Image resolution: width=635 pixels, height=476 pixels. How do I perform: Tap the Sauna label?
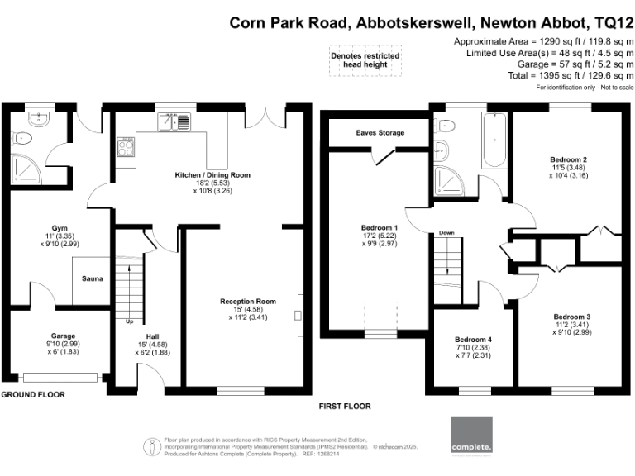[92, 278]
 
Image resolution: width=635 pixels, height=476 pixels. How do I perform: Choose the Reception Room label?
[248, 302]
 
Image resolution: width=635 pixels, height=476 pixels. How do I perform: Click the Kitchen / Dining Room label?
[212, 175]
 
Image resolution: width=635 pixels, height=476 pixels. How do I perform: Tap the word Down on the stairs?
[447, 233]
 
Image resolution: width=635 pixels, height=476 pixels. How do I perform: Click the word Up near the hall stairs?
[129, 321]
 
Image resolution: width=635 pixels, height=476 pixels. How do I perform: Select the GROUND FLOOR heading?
[33, 395]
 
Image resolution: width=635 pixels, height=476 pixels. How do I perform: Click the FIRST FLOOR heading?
[345, 407]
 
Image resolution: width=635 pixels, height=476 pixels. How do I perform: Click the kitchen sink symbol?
[175, 122]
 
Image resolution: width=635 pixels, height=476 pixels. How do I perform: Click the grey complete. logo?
[471, 436]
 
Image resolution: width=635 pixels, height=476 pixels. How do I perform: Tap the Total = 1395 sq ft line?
[564, 75]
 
